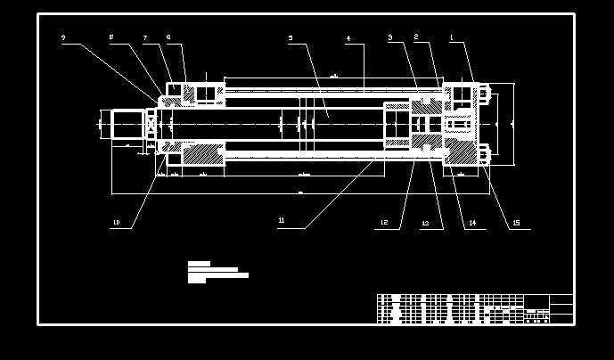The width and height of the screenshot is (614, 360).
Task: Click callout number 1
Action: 452,37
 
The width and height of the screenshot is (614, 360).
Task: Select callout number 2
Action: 416,37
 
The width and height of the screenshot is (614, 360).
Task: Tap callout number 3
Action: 390,37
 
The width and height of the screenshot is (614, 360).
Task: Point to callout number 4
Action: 348,38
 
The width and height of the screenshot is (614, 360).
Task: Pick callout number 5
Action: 291,38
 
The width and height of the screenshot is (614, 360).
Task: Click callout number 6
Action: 168,37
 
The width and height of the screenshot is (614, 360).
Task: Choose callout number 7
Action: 144,38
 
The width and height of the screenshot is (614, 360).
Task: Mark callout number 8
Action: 111,37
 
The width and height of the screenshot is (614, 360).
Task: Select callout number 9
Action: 63,37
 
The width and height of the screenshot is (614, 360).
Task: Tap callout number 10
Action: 116,222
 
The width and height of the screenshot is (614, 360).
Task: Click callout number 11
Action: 282,220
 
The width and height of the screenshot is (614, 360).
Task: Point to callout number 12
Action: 384,222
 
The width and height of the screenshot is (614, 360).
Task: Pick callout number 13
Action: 425,223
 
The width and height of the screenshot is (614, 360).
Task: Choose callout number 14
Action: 472,223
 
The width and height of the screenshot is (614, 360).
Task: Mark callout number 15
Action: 516,223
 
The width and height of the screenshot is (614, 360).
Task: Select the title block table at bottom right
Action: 474,308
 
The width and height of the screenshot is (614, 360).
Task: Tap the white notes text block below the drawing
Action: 217,272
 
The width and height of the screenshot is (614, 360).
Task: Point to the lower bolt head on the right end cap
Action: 485,154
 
